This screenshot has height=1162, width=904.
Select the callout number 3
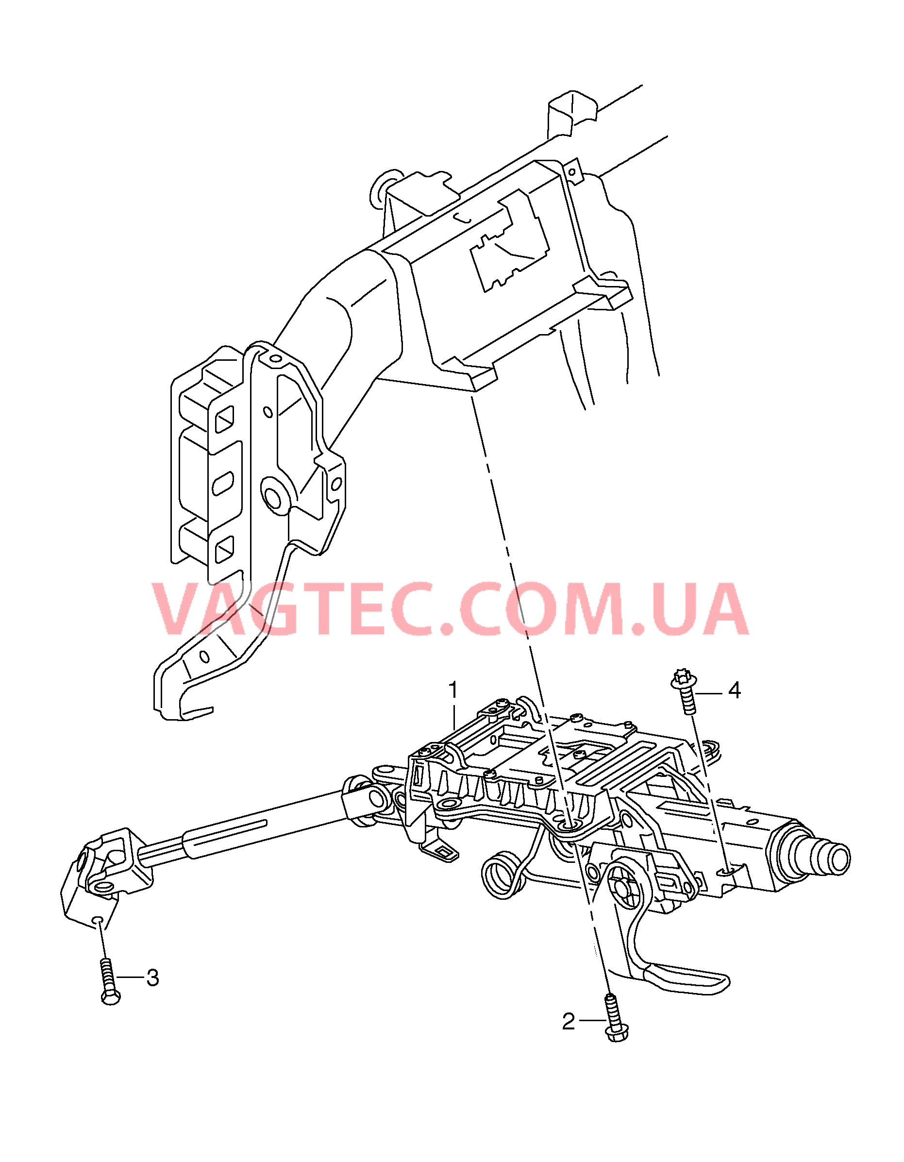[x=153, y=978]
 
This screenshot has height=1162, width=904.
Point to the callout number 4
[x=734, y=690]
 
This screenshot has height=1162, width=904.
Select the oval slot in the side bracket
[x=222, y=483]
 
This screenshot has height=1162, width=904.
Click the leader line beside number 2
[x=592, y=1020]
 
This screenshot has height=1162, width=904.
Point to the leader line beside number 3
[x=131, y=977]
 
